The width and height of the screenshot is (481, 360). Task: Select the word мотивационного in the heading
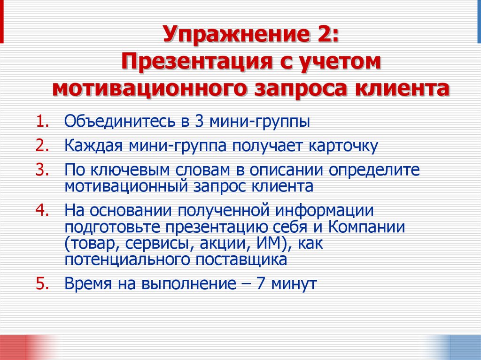click(x=146, y=88)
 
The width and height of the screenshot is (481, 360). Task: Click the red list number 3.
click(x=41, y=169)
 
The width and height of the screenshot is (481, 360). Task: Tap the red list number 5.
click(x=41, y=284)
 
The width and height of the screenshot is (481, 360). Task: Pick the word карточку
click(x=343, y=146)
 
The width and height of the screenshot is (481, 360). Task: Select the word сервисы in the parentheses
click(x=158, y=244)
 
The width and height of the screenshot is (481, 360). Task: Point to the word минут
click(x=294, y=284)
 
